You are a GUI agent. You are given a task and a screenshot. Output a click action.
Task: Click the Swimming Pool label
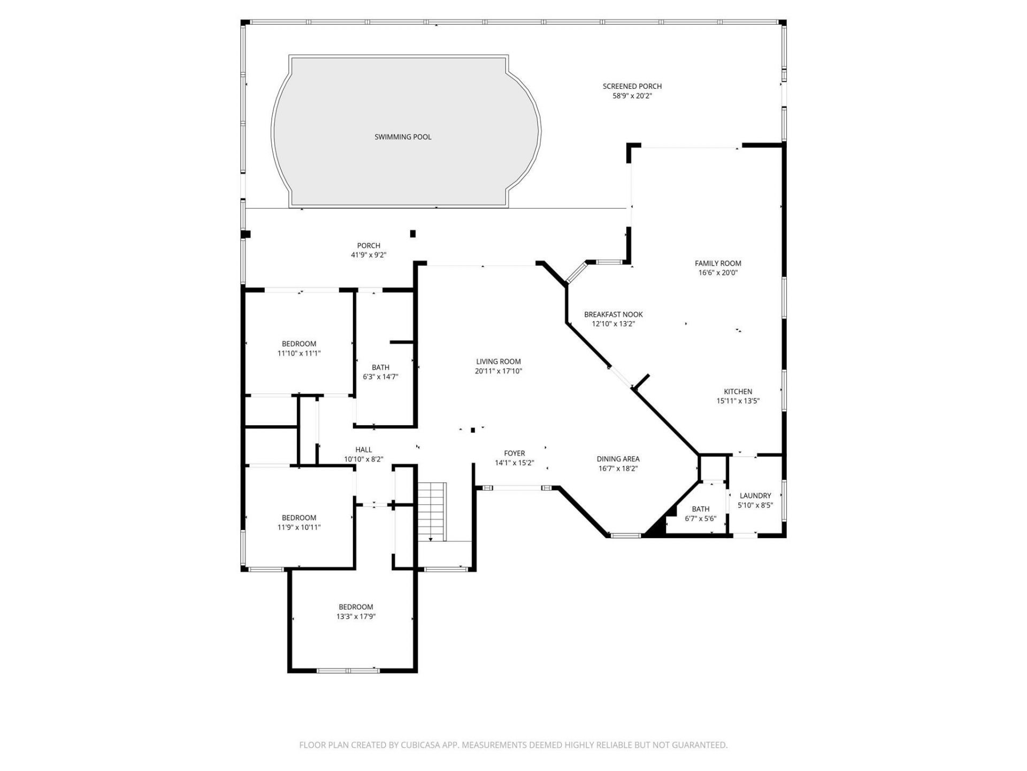(x=403, y=137)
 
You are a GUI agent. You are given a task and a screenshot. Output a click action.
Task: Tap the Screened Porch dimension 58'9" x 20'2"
(x=632, y=96)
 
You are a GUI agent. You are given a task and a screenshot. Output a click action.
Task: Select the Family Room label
(x=718, y=263)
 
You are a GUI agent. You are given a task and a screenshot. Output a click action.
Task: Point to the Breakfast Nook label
(x=613, y=315)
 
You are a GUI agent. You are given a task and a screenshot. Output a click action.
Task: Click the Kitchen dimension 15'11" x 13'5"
(x=738, y=401)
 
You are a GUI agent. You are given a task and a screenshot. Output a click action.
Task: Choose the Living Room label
(x=499, y=362)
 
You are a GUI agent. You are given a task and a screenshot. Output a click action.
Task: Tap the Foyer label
(x=515, y=453)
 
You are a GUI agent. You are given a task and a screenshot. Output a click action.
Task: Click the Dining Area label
(x=618, y=459)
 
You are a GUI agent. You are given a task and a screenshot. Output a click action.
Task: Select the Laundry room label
(x=755, y=496)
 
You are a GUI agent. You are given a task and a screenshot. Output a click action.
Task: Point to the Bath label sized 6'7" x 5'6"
(x=700, y=509)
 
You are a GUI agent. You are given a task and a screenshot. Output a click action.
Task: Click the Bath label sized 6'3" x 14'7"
(x=380, y=367)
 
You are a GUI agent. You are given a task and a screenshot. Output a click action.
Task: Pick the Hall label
(x=364, y=450)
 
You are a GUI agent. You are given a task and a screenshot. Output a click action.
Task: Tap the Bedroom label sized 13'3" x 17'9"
(x=356, y=607)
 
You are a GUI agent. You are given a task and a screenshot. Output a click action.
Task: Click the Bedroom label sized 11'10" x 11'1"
(x=299, y=344)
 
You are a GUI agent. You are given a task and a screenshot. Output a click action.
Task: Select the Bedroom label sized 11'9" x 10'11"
(x=299, y=518)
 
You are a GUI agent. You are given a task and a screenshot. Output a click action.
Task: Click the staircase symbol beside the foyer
(x=432, y=511)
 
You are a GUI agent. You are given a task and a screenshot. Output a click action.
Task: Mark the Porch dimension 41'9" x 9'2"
(x=369, y=255)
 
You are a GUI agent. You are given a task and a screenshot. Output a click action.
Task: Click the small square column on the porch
(x=412, y=233)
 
